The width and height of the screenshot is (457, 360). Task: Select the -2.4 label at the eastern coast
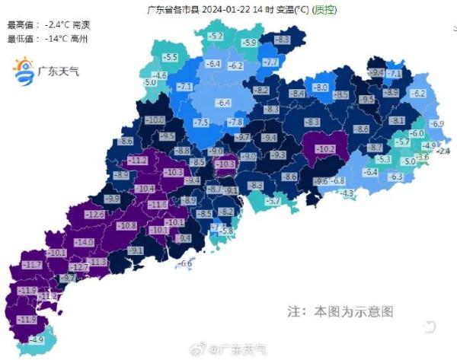point(444,151)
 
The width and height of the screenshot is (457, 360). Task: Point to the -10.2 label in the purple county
point(325,149)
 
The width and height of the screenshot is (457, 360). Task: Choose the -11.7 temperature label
point(32,264)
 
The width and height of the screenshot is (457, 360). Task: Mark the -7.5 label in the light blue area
point(201,123)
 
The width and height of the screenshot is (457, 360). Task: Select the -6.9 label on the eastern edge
point(436,124)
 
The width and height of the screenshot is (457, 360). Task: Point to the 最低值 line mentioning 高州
point(46,38)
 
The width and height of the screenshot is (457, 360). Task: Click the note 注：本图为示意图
point(340,312)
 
